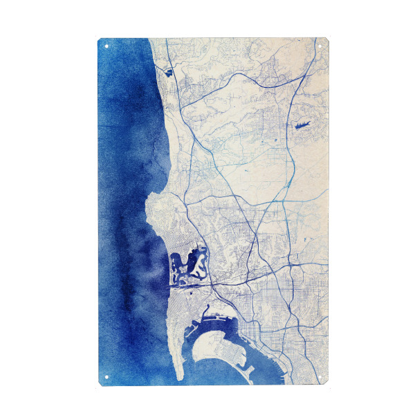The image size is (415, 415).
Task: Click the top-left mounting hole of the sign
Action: point(107,46)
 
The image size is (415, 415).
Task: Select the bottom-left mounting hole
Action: point(107,377)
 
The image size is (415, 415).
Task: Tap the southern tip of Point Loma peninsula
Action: point(179,377)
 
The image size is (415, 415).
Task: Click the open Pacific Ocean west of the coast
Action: point(124,207)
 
